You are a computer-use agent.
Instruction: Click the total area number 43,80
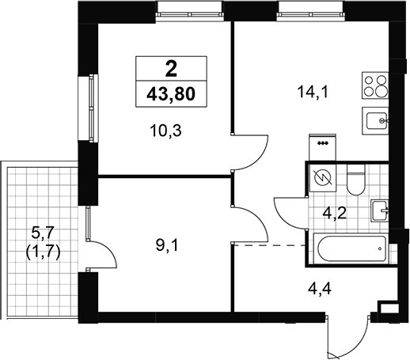[x=171, y=94]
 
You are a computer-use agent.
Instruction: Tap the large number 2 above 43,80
[x=171, y=69]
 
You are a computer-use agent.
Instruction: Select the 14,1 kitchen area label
[x=313, y=93]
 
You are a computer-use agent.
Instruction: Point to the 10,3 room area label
[x=166, y=131]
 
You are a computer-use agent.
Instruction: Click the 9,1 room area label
[x=168, y=246]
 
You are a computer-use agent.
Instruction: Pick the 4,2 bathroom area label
[x=335, y=214]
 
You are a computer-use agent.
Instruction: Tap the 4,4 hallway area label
[x=320, y=289]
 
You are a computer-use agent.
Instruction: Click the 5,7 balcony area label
[x=43, y=233]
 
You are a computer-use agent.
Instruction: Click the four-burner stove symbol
[x=375, y=85]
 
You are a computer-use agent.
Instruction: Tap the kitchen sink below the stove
[x=375, y=120]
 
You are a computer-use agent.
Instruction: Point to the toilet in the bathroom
[x=355, y=180]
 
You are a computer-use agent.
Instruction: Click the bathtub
[x=351, y=248]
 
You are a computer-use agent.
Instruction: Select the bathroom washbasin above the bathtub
[x=380, y=210]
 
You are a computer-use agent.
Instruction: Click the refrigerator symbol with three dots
[x=323, y=147]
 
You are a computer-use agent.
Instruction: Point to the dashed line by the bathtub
[x=270, y=245]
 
